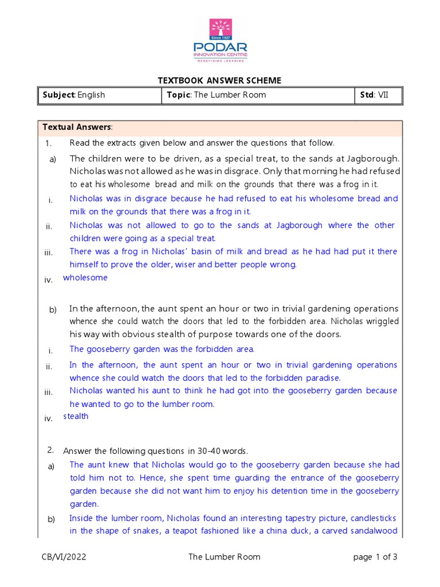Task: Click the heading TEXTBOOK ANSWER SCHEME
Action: [x=219, y=80]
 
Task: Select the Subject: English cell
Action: [x=73, y=95]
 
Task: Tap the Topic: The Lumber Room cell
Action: [x=216, y=95]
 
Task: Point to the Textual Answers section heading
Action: [x=77, y=127]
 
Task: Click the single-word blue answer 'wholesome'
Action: [x=85, y=278]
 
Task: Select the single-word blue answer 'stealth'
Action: [x=76, y=417]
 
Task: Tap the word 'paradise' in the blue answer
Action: [x=321, y=378]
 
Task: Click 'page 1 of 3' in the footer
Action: [x=375, y=557]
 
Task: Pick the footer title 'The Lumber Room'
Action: [x=224, y=557]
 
